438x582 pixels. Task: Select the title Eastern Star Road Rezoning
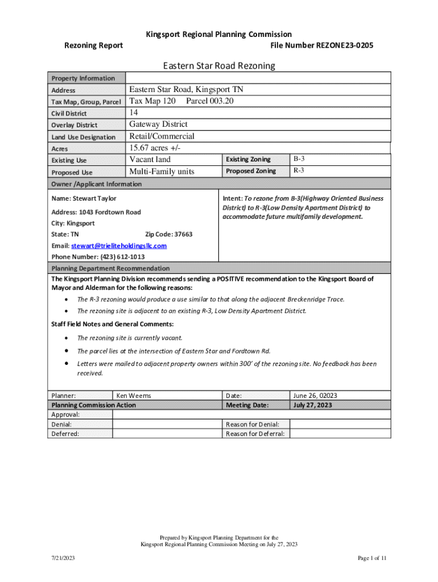point(219,66)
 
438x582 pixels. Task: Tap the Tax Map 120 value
point(152,101)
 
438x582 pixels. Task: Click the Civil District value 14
point(134,113)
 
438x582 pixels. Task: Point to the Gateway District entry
point(158,124)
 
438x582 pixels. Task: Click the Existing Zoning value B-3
point(299,159)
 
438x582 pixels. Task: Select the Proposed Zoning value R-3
point(299,171)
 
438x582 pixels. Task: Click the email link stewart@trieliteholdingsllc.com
point(119,246)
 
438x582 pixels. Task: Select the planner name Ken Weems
point(134,396)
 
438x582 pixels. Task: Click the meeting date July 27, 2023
point(313,405)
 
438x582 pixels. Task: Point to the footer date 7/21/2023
point(62,559)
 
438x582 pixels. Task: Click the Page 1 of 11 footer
point(372,559)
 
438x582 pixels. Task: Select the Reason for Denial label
point(256,424)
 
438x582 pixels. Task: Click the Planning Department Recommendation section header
point(110,268)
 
